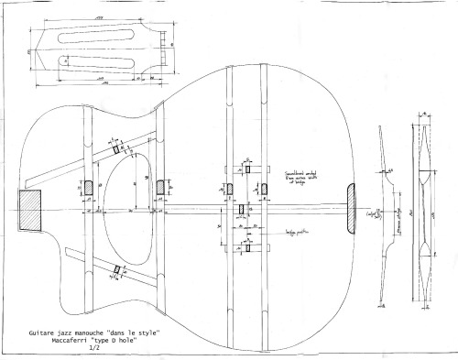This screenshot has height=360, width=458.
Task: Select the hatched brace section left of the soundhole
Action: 88,187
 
